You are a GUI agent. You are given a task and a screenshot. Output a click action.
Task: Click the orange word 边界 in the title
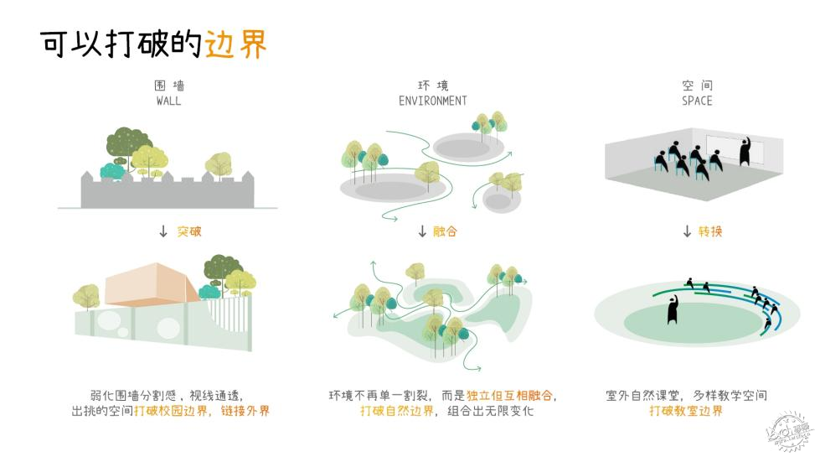[236, 44]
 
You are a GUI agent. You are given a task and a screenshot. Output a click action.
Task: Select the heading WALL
[168, 101]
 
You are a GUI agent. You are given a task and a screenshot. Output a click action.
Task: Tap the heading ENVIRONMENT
[432, 101]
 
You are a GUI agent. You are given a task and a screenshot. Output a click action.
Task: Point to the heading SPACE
[697, 101]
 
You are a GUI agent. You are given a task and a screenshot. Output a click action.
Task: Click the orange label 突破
[188, 231]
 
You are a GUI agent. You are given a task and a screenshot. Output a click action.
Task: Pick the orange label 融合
[445, 231]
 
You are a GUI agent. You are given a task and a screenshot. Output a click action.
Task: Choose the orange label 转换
[709, 231]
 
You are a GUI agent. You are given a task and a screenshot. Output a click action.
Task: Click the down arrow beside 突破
[163, 231]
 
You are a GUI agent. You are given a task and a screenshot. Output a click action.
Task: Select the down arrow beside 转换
[687, 231]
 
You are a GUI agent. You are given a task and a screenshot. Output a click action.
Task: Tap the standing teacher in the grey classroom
[745, 152]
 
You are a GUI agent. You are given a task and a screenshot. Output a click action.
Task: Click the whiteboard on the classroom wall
[735, 148]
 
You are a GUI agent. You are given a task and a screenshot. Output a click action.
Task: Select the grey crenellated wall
[168, 189]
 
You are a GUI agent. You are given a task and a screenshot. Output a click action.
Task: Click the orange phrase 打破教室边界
[686, 411]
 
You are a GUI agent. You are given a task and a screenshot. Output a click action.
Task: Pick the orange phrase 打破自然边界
[397, 411]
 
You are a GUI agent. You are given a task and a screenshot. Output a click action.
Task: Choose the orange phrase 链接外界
[245, 411]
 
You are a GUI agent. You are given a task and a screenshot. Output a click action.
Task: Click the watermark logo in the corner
[790, 432]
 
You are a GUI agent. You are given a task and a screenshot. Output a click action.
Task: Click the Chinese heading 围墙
[169, 86]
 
